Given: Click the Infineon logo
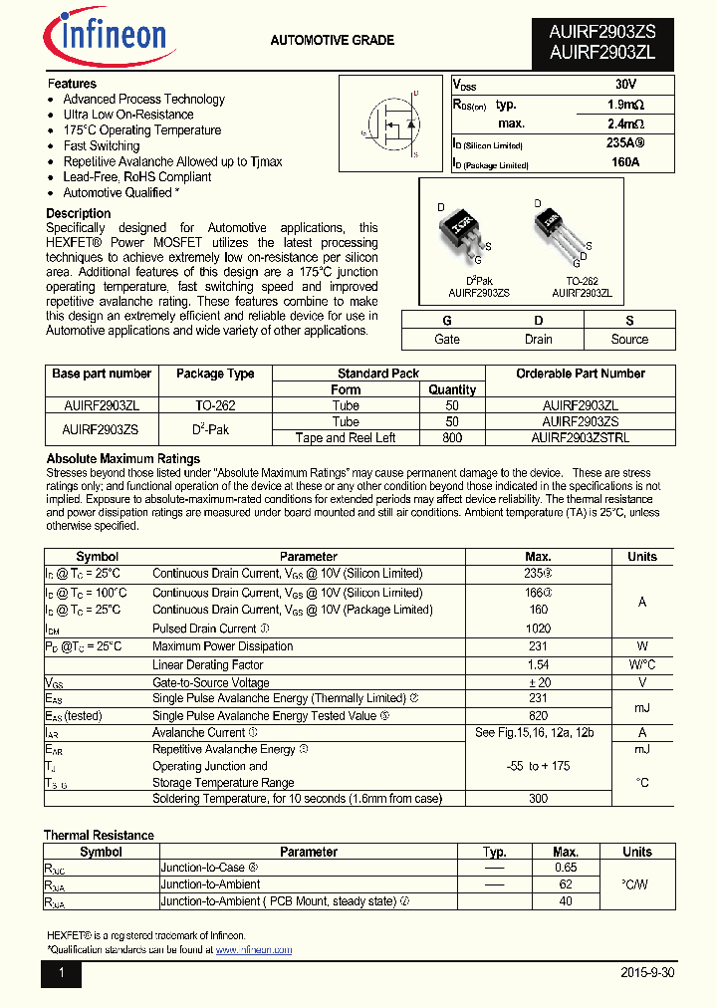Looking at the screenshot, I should (x=105, y=38).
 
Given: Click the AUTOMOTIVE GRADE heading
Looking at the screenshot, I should (x=332, y=41).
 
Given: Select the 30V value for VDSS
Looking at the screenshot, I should (x=624, y=86).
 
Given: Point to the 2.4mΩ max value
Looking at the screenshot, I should (x=624, y=124).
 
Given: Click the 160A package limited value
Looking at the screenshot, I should (x=624, y=161).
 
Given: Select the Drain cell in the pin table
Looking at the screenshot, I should (x=538, y=340).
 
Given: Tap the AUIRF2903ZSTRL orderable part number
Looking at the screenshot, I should (x=581, y=437).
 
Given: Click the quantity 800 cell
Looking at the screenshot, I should (x=452, y=437).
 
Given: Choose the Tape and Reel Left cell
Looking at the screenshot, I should (x=346, y=437).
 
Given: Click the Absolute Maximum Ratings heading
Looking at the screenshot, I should (x=123, y=459).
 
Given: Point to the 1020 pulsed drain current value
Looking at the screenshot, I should (x=539, y=629).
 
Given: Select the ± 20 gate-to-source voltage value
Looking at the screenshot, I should (x=539, y=682).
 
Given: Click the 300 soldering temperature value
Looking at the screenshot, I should (x=539, y=799).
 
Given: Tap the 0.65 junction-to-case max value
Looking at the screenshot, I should (x=565, y=868).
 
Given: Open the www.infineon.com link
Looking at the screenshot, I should (x=254, y=950).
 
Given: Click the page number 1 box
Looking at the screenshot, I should (x=61, y=973).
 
